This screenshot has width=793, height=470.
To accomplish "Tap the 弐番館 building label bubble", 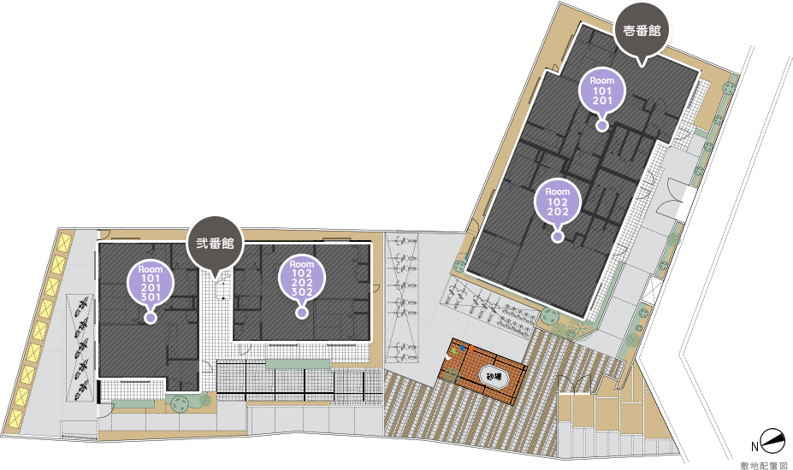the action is coord(216,244).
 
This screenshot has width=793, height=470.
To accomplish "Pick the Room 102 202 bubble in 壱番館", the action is coord(558,203).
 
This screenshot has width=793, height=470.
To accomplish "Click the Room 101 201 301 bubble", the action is coord(151,283).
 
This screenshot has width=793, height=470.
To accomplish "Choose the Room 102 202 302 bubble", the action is coord(302,279).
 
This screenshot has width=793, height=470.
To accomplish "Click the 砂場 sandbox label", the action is coord(494,377).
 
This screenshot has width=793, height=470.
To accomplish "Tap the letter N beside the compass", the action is coord(755,446).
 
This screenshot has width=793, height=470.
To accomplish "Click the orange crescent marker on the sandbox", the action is coord(470,348).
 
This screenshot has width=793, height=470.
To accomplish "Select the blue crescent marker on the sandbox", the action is coord(462,348).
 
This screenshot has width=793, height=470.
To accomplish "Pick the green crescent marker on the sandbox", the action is coord(454,350).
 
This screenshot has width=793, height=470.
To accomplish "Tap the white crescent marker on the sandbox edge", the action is coord(447,357).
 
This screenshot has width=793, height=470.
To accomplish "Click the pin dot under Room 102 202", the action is coord(558,236).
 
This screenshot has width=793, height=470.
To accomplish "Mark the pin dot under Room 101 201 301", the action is coord(151,317).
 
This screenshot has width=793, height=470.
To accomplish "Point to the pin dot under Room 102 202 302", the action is coord(302,313).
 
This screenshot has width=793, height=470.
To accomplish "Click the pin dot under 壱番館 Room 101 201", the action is coord(602,126).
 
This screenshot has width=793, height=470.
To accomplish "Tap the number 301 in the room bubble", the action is coord(151,297).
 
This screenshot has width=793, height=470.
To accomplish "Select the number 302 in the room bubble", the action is coord(302,292).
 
